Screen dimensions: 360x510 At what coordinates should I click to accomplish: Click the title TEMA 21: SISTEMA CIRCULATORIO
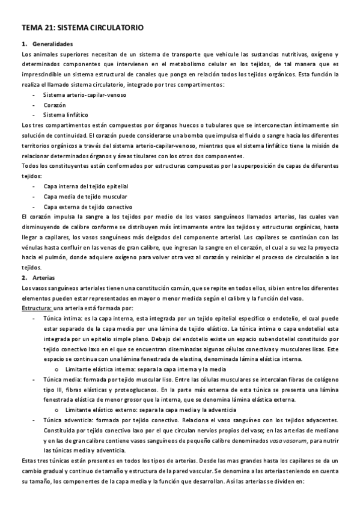pos(82,28)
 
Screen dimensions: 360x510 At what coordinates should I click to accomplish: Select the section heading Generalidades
pos(53,44)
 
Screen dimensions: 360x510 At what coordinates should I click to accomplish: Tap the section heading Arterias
pos(44,278)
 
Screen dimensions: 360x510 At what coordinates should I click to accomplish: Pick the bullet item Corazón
pos(55,105)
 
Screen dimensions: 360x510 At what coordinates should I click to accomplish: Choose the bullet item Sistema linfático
pos(66,114)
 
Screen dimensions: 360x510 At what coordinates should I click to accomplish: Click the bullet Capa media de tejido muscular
pos(85,197)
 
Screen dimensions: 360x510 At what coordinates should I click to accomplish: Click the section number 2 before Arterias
pos(23,278)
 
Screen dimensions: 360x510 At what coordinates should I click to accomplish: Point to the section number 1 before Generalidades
pos(23,44)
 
